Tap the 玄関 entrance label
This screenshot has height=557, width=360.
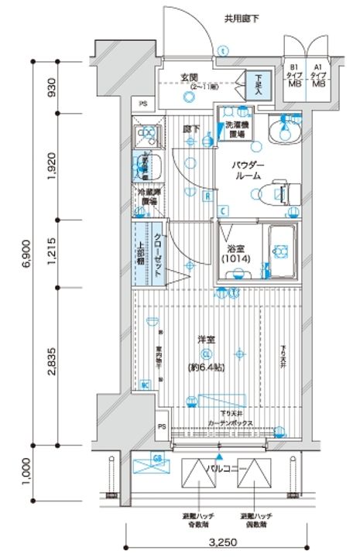(190, 76)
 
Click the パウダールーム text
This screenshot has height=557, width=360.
(249, 170)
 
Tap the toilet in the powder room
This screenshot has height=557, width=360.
(279, 192)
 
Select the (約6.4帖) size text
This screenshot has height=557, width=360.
(205, 367)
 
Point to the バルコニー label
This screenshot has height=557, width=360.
(226, 468)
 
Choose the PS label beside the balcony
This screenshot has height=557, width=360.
(163, 426)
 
